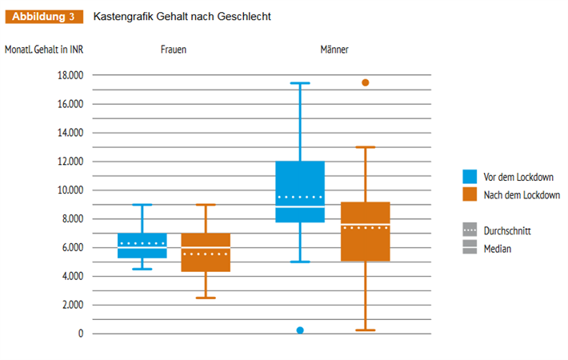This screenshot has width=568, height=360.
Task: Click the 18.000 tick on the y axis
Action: coord(68,75)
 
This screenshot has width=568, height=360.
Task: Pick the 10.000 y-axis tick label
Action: coord(68,190)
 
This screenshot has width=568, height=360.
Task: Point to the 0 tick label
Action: coord(78,334)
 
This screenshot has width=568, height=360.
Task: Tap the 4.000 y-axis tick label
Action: coord(70,276)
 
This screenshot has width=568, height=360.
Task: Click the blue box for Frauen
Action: coord(142,246)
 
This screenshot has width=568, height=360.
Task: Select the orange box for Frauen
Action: coord(206,253)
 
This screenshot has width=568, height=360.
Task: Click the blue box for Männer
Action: coord(301,192)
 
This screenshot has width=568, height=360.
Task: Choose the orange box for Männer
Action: coord(365,232)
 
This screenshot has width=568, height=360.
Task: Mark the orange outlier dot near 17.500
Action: coord(366,82)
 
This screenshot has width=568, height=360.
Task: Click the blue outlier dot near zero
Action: coord(301,330)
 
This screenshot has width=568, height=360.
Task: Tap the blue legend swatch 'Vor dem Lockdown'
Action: coord(470,176)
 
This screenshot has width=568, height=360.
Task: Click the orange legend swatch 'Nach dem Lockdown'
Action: coord(470,194)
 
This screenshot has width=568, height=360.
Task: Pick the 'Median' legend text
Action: coord(497,249)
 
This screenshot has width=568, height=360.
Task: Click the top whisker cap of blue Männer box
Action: coord(301,83)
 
